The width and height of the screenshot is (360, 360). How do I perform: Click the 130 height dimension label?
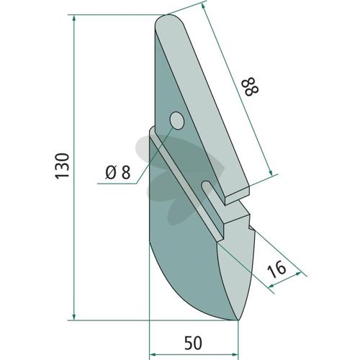pyautogui.click(x=63, y=166)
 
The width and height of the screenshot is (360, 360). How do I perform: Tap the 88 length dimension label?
pyautogui.click(x=251, y=86)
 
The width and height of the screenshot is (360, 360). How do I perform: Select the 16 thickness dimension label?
pyautogui.click(x=276, y=270)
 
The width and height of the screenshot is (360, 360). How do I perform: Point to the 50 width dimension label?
pyautogui.click(x=194, y=343)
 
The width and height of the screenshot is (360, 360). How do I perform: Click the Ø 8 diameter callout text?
pyautogui.click(x=118, y=172)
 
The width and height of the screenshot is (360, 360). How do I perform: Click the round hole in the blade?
pyautogui.click(x=177, y=121)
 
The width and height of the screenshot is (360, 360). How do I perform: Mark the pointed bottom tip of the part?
pyautogui.click(x=238, y=320)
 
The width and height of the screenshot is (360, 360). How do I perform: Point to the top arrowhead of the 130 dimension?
pyautogui.click(x=74, y=19)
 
